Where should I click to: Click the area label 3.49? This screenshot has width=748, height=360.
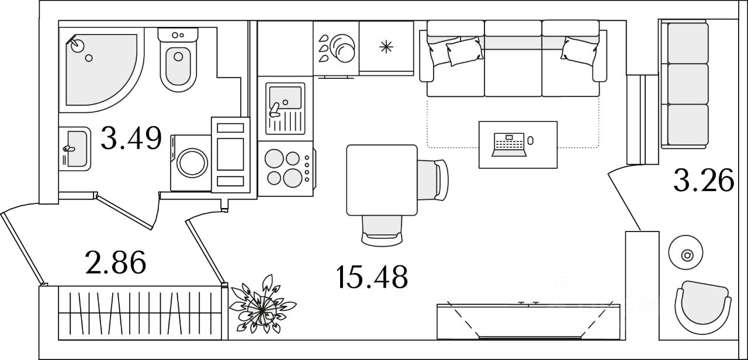(130, 139)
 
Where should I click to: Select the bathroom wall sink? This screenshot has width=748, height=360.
(75, 148)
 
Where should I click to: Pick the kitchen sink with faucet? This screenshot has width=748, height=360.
(285, 108)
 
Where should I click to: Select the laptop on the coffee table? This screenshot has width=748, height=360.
(510, 144)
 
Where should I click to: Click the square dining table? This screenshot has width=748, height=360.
(381, 180)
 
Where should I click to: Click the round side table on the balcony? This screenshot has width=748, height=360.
(687, 255)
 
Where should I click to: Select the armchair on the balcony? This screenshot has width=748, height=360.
(701, 307)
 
